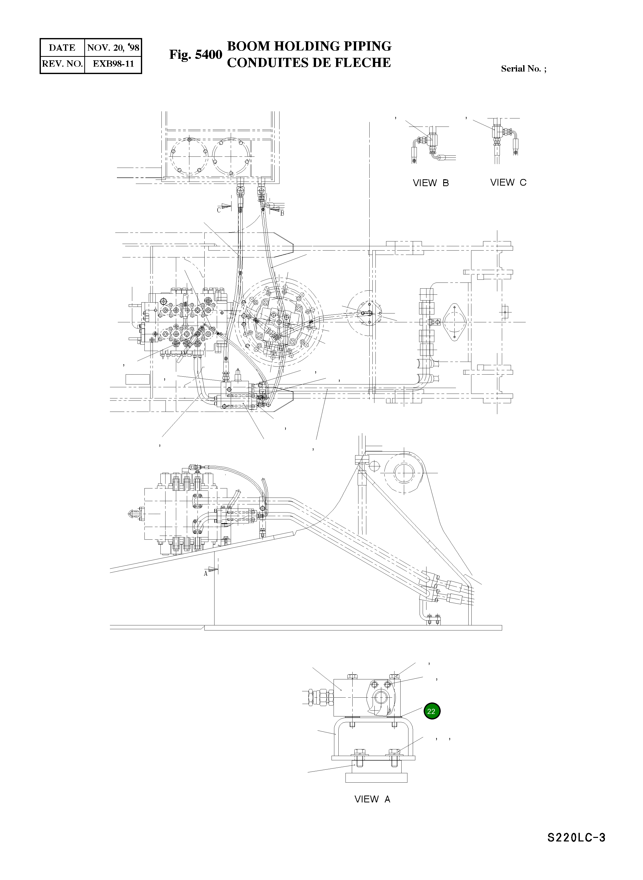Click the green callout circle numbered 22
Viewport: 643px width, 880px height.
click(431, 711)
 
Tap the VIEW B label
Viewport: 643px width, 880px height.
click(431, 183)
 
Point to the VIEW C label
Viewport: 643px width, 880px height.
click(508, 182)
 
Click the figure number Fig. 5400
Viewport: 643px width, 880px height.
click(195, 55)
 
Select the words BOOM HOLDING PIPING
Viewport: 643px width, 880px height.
click(309, 46)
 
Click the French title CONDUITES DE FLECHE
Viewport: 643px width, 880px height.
click(309, 63)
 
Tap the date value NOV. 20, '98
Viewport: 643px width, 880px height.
click(113, 48)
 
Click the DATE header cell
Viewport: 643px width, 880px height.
click(62, 48)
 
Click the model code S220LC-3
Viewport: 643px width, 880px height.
click(576, 849)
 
